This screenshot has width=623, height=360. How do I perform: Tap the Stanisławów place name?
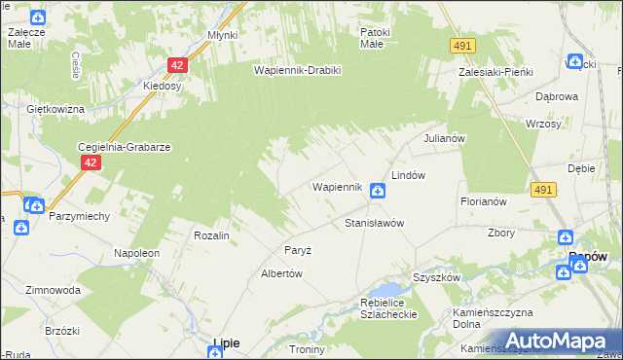(x=375, y=223)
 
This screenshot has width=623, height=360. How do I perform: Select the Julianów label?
(x=442, y=138)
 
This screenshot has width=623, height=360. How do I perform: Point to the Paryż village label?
(x=298, y=250)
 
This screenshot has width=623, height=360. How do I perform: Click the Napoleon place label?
(x=136, y=253)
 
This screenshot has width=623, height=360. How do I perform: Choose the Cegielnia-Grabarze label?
(x=125, y=147)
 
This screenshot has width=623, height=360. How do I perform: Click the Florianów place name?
(x=485, y=201)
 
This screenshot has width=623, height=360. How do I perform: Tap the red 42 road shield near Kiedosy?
(x=176, y=65)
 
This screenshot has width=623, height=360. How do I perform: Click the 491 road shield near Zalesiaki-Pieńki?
(x=462, y=46)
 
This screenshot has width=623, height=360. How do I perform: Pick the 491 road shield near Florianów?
(x=544, y=192)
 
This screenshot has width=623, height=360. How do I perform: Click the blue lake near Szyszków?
(x=387, y=289)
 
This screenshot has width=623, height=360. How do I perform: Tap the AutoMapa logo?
(x=545, y=341)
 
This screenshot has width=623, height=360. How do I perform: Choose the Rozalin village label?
(x=211, y=236)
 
